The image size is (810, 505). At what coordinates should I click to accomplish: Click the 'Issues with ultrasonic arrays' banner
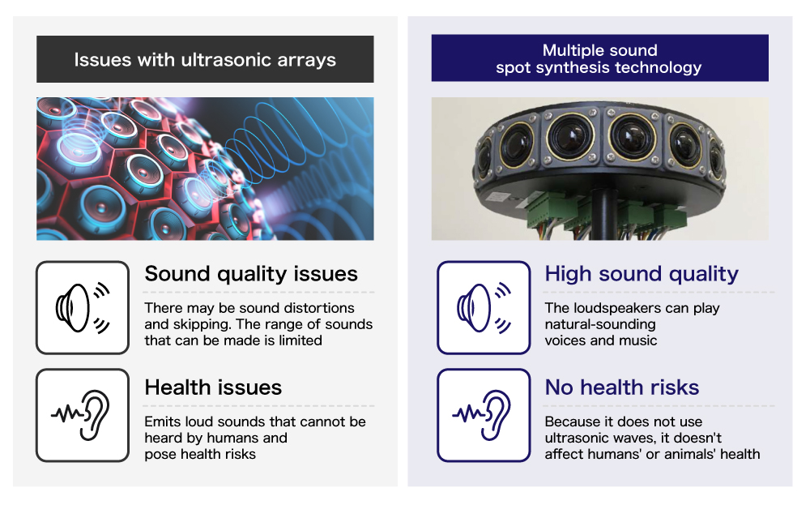205,59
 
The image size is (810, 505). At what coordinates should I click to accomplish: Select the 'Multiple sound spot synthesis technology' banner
599,58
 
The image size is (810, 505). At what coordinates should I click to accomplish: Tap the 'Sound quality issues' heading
251,274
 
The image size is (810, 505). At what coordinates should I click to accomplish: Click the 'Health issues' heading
213,387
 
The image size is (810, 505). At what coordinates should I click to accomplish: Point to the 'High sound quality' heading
642,274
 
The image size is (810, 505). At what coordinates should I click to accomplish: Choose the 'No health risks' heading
622,387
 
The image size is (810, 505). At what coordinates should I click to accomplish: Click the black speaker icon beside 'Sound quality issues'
83,307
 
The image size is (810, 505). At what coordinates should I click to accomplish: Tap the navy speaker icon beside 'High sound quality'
484,307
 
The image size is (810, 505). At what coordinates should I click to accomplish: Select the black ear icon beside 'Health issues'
81,415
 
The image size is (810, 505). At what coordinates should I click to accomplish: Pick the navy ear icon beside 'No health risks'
482,415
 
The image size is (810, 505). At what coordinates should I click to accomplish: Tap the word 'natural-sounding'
600,324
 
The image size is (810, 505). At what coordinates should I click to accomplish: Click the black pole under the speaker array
601,215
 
